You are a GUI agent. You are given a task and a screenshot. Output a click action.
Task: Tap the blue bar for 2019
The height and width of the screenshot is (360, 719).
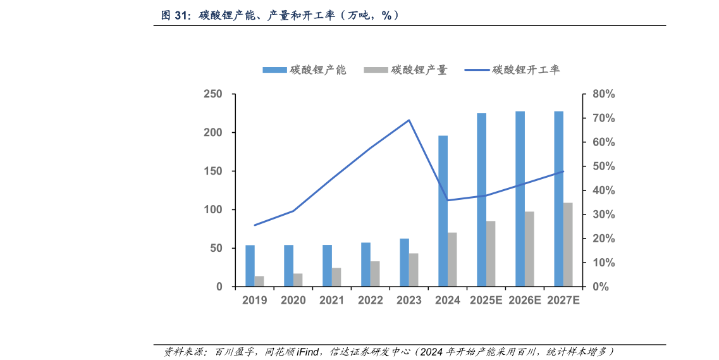tap(250, 266)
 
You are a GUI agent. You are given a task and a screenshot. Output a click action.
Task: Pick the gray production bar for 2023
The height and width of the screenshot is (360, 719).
tap(414, 270)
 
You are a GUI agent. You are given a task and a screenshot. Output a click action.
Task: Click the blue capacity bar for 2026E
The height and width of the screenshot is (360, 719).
tap(520, 199)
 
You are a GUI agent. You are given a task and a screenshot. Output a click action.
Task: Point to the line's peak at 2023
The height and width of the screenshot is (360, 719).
tap(409, 120)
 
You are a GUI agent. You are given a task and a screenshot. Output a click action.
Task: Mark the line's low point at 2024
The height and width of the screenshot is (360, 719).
tap(448, 200)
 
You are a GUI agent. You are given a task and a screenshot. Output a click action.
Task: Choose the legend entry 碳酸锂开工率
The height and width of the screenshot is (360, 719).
tap(512, 70)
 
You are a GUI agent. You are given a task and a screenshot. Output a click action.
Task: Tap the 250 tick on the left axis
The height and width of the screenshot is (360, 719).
tap(214, 94)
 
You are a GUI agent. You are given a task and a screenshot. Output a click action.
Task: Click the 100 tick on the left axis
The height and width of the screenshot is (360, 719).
tap(214, 209)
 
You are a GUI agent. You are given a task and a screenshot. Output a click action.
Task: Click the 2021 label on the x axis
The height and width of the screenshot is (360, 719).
tap(331, 301)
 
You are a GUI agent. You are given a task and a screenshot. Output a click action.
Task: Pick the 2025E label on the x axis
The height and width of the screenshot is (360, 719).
tap(486, 301)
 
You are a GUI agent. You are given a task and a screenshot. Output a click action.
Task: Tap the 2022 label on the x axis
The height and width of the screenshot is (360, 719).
tap(370, 301)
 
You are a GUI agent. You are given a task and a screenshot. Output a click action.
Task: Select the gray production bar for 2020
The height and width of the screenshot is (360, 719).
tap(298, 280)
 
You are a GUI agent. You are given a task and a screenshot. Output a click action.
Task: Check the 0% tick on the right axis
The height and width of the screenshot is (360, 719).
tap(600, 287)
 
